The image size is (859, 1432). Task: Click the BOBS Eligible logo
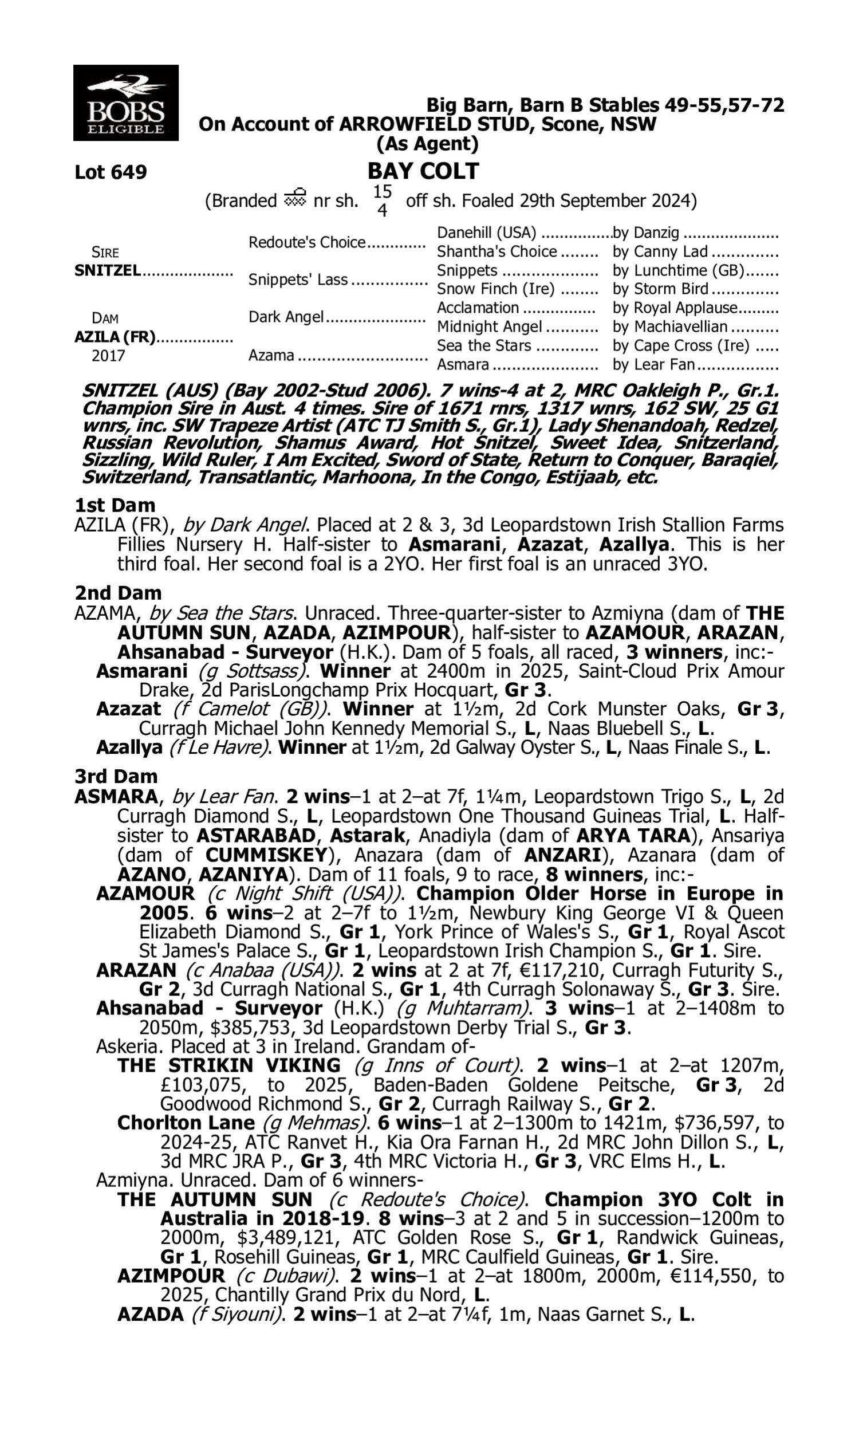125,103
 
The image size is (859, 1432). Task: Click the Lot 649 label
111,172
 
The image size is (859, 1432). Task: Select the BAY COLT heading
423,171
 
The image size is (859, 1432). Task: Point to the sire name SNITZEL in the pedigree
108,270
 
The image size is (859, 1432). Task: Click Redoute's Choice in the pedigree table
307,242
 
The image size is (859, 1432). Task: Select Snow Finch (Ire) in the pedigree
495,288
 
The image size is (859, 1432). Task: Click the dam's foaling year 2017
108,355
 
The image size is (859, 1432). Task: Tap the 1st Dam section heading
115,505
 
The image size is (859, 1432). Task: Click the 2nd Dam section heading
118,593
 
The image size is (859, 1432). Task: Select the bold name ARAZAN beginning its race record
136,970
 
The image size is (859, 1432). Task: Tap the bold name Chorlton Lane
186,1122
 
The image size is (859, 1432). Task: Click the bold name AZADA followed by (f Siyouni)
151,1314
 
